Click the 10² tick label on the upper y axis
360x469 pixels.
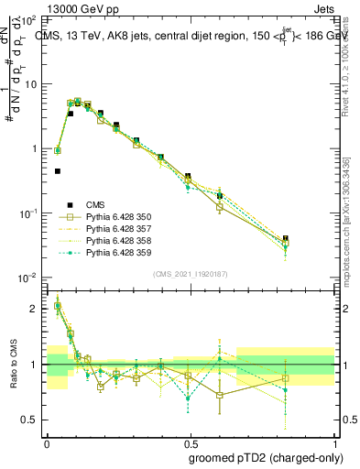click(x=29, y=19)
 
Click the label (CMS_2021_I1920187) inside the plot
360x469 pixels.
click(x=190, y=272)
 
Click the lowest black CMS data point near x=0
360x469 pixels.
click(x=58, y=171)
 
